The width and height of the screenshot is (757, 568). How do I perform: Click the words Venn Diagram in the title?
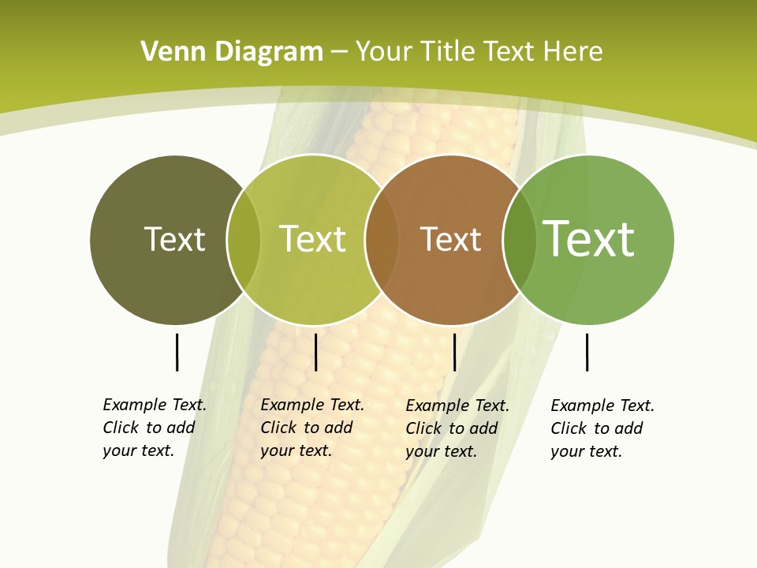click(x=232, y=52)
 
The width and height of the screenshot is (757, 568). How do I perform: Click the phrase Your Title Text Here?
click(x=479, y=52)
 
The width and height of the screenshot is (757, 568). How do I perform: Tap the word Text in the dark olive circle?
click(x=174, y=239)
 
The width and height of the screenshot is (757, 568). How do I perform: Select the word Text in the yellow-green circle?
click(x=312, y=239)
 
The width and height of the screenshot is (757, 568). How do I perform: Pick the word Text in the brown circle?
click(x=450, y=239)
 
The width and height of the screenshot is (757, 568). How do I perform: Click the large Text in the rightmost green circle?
click(x=589, y=238)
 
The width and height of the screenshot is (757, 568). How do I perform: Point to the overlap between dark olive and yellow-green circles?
click(x=244, y=240)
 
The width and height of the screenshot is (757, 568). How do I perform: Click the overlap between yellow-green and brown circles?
click(x=381, y=240)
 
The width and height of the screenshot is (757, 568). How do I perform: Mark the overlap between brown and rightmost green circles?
click(x=519, y=240)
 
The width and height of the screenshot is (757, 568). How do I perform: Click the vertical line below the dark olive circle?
click(x=177, y=352)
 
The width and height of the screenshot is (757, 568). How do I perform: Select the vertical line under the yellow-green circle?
click(x=315, y=352)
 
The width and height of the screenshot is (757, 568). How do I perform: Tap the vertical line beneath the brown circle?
click(x=454, y=352)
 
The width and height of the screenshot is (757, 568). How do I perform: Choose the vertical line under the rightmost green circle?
click(x=587, y=352)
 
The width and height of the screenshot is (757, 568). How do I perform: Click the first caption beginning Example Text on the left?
click(x=155, y=428)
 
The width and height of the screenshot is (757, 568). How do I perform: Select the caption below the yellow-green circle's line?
click(x=312, y=428)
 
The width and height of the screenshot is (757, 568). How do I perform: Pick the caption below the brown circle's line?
click(x=457, y=428)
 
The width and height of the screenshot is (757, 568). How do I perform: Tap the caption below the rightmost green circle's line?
click(x=602, y=428)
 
